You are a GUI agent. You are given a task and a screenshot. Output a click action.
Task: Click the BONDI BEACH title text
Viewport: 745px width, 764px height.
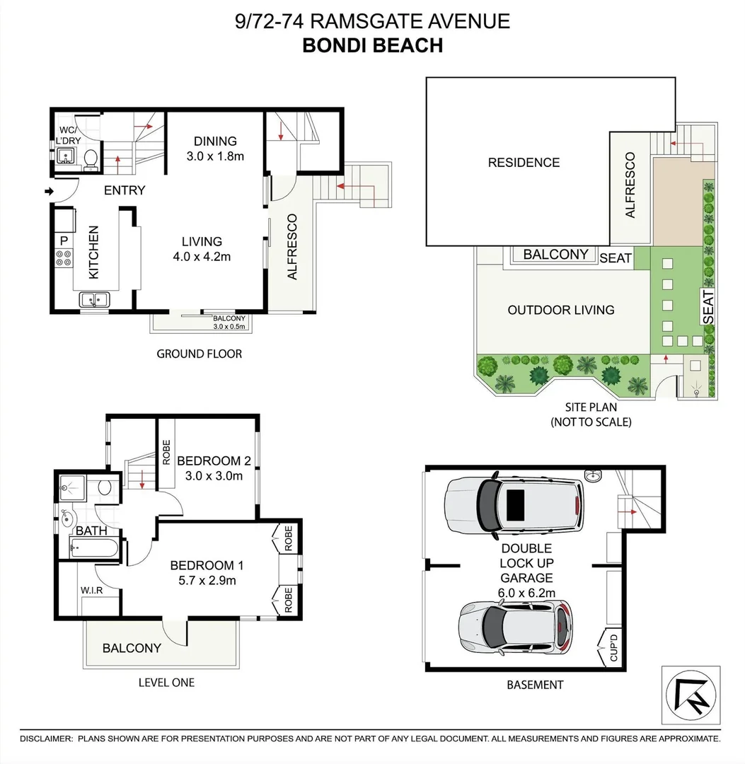[372, 45]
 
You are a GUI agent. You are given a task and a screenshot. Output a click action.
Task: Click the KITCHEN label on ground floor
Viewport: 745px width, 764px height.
[93, 251]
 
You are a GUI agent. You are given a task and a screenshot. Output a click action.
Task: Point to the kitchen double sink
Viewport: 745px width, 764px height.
[94, 300]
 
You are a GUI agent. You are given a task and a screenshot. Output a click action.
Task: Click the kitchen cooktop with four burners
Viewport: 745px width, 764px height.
[63, 260]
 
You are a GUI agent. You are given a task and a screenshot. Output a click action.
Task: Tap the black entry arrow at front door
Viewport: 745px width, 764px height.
[49, 191]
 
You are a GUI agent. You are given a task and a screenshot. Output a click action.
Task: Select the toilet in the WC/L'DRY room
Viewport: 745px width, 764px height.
[91, 158]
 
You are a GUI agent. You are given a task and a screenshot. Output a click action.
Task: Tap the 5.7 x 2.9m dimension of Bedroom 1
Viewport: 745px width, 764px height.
[207, 581]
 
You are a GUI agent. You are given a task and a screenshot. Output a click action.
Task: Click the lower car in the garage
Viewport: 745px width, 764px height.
[514, 627]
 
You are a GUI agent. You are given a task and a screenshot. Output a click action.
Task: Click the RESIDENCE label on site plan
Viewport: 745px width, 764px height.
[524, 163]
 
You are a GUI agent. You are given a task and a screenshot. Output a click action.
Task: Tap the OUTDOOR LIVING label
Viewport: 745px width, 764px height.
[561, 310]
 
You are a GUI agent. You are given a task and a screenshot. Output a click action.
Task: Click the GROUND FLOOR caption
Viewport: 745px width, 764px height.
[199, 354]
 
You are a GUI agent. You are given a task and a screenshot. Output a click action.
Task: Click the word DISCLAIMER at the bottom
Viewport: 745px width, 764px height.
[47, 739]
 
